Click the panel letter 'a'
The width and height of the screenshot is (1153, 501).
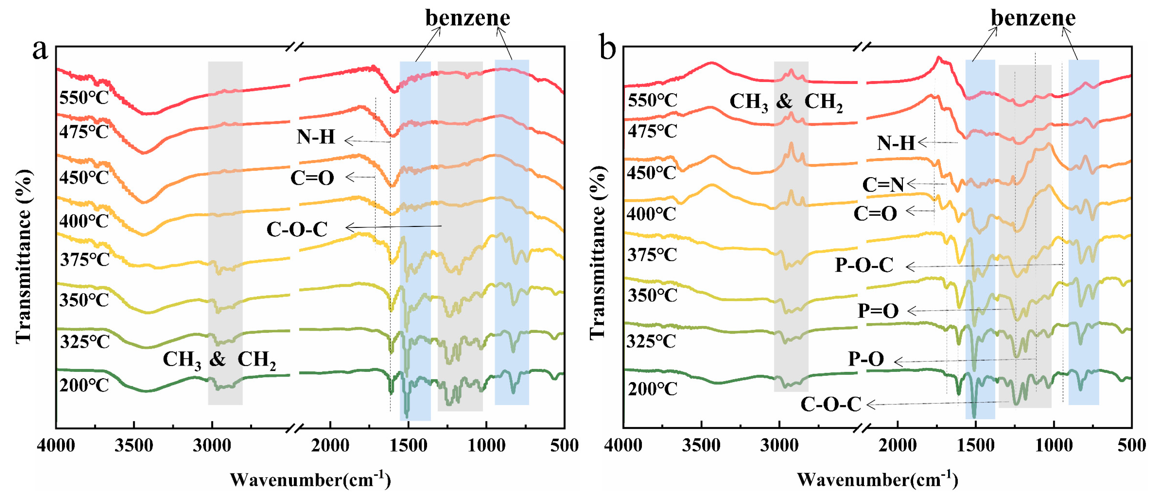(x=40, y=49)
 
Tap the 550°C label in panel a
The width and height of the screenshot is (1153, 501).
(x=84, y=97)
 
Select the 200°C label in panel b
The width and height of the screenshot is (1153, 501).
(x=652, y=389)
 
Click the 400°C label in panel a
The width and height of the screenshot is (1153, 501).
(x=84, y=221)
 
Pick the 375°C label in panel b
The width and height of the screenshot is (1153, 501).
(x=652, y=255)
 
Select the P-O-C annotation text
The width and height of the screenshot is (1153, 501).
(x=864, y=265)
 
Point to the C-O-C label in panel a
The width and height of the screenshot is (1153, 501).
(x=297, y=230)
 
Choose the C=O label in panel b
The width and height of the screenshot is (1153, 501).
(x=875, y=214)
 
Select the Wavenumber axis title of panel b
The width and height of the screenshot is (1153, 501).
(x=877, y=480)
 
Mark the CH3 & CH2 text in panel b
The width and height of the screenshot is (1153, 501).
(x=786, y=102)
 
